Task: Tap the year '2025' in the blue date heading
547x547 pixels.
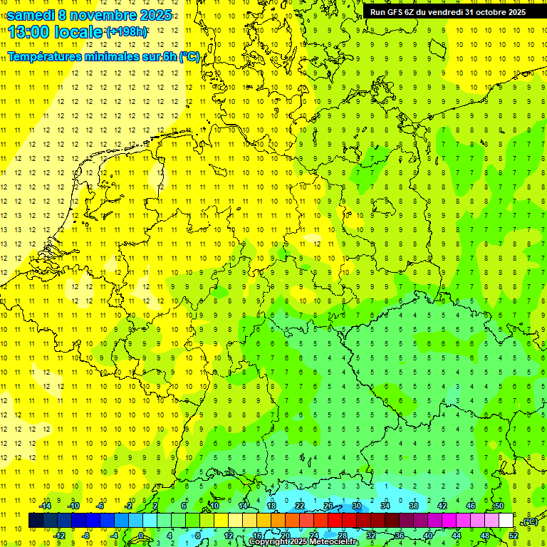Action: [x=152, y=15]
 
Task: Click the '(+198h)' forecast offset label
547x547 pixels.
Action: [x=127, y=32]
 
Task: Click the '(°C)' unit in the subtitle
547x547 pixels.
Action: [x=189, y=56]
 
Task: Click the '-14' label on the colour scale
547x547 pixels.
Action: [x=46, y=506]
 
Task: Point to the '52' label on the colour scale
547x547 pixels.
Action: [x=513, y=536]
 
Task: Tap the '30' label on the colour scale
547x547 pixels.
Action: [x=357, y=506]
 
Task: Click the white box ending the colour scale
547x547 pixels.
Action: [x=506, y=521]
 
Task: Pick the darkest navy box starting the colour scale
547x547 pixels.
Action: [x=36, y=521]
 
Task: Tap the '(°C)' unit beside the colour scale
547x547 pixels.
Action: [x=530, y=521]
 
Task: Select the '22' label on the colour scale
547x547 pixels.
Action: [x=300, y=506]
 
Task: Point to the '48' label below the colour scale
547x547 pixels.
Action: [x=485, y=536]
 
